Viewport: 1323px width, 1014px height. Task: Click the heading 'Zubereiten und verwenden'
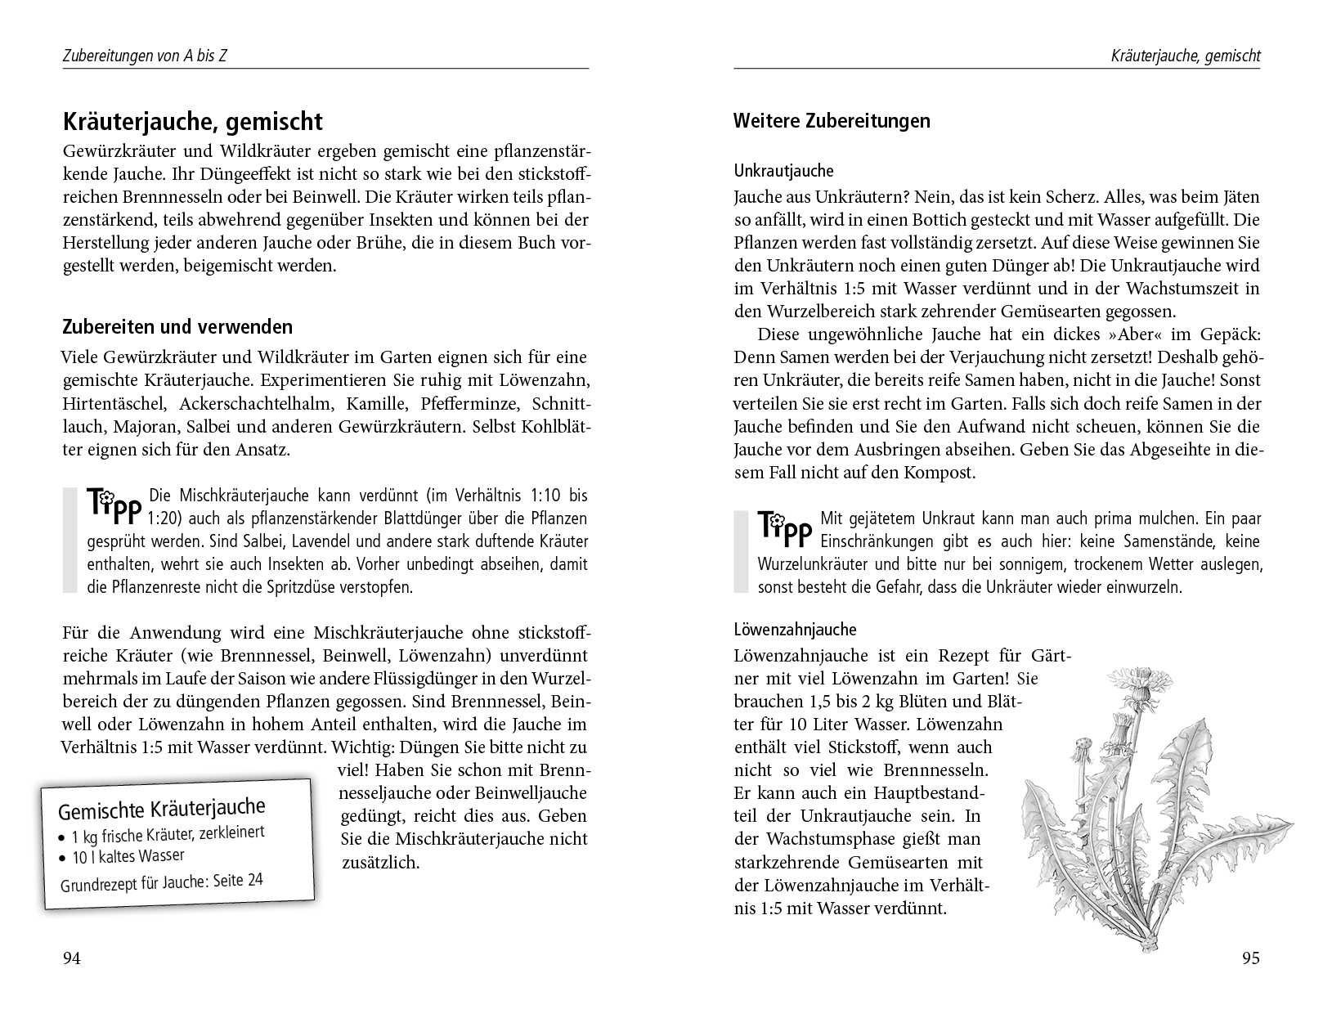[x=177, y=327]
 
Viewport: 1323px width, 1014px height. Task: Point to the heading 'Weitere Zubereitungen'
[x=832, y=121]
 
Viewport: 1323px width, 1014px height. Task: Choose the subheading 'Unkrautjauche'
[x=783, y=172]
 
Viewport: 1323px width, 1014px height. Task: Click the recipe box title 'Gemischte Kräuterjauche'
[x=162, y=810]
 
